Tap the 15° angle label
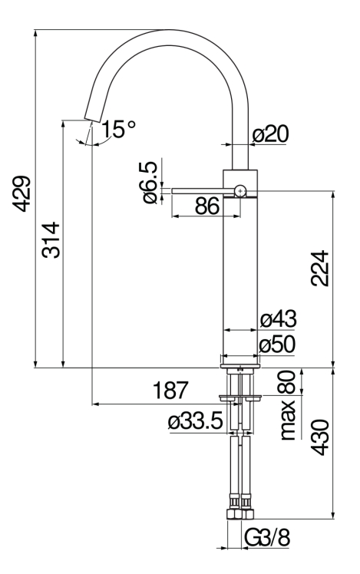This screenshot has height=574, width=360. pos(117,130)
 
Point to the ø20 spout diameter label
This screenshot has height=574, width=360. pos(269,135)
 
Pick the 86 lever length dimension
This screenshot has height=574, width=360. pos(206,206)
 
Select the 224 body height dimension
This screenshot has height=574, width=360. pos(321,268)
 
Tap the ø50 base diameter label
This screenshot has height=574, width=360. pos(278,345)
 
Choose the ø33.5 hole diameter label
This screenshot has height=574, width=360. pos(197,421)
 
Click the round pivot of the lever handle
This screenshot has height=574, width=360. pos(240,190)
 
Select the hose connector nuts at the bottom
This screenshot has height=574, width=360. pos(240,516)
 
